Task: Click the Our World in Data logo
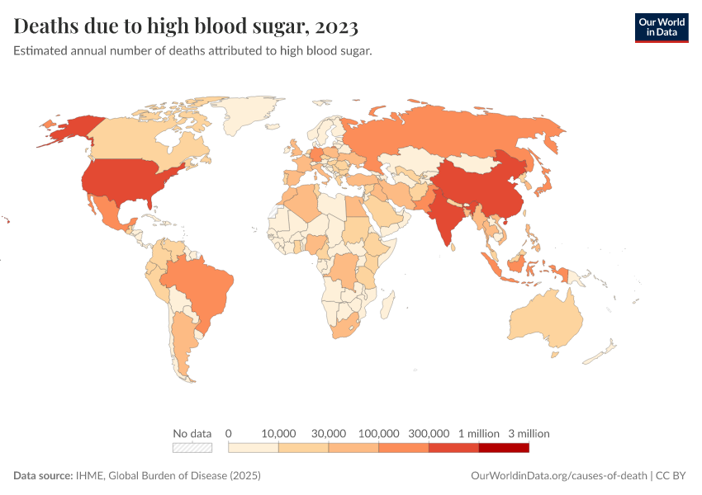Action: [x=661, y=27]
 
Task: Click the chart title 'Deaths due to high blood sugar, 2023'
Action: [x=186, y=26]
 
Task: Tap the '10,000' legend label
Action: [x=279, y=433]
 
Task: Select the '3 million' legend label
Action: [x=529, y=433]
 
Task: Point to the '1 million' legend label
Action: [x=479, y=433]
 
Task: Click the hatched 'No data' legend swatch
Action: [x=192, y=448]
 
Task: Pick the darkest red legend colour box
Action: [x=504, y=448]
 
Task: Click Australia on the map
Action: [x=545, y=322]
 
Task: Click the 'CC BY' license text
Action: [x=673, y=476]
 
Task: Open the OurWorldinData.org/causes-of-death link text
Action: [x=558, y=476]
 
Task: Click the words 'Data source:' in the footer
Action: [x=43, y=476]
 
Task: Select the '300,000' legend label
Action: [x=429, y=433]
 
